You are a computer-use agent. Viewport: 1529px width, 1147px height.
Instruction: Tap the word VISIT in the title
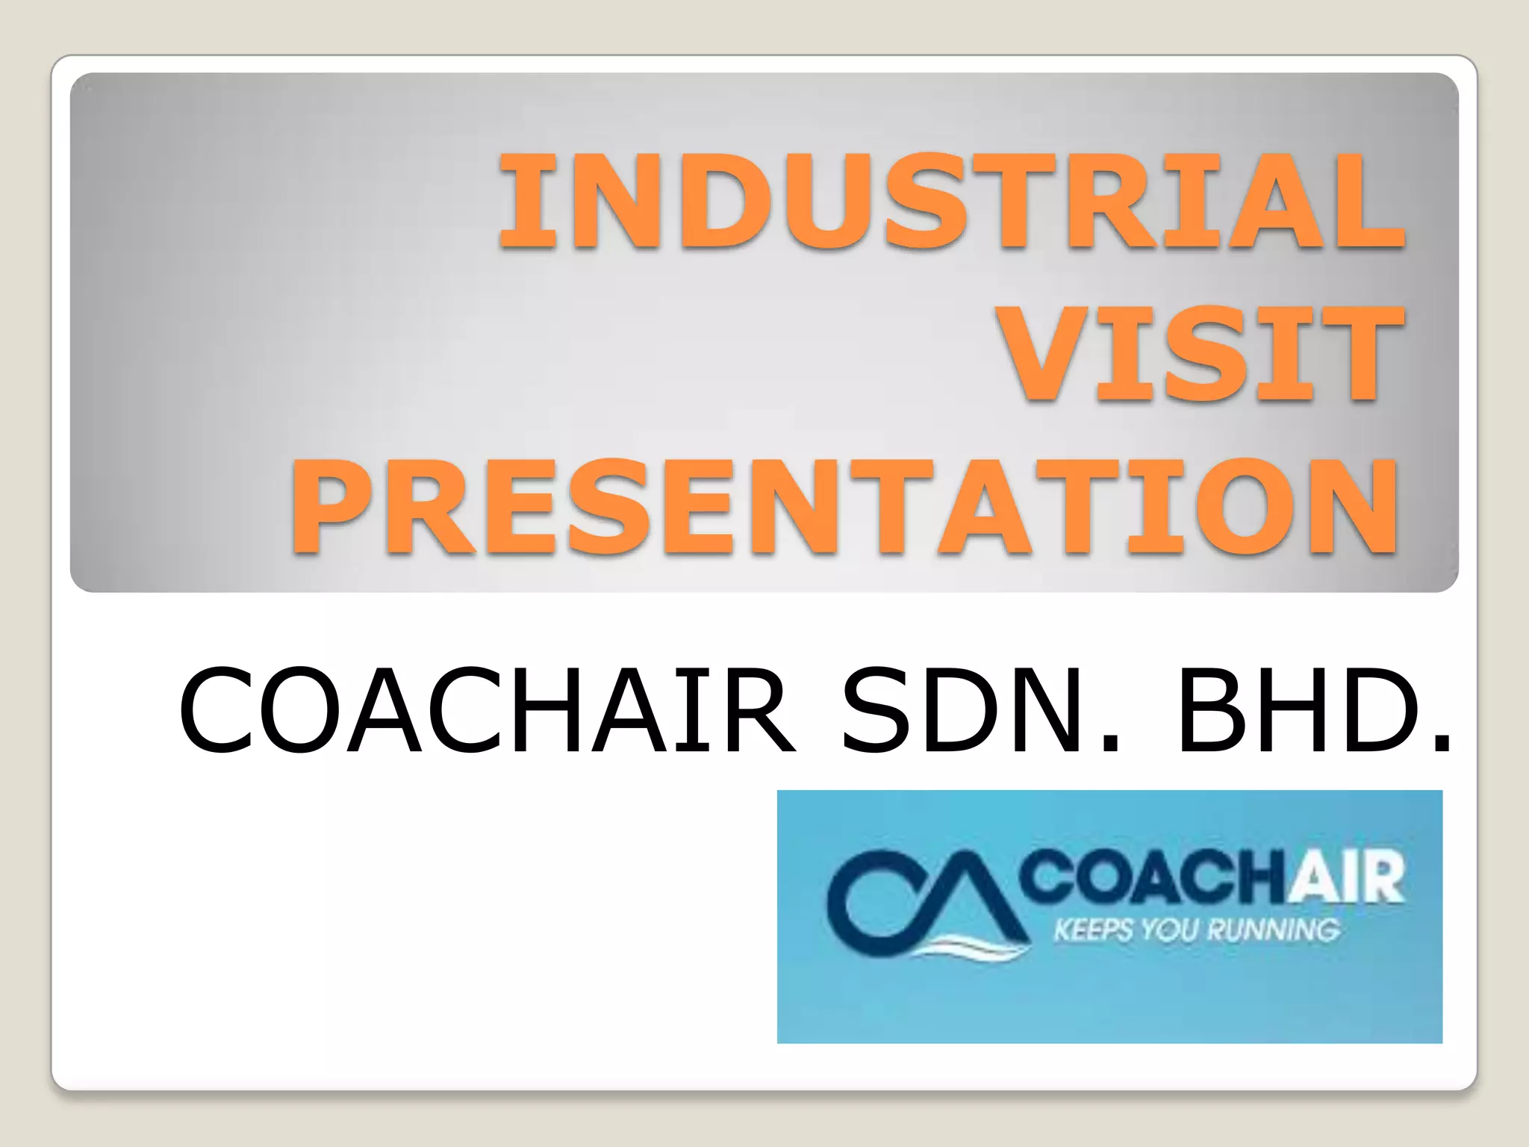1202,353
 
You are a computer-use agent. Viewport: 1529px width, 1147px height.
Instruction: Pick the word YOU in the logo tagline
1172,931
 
